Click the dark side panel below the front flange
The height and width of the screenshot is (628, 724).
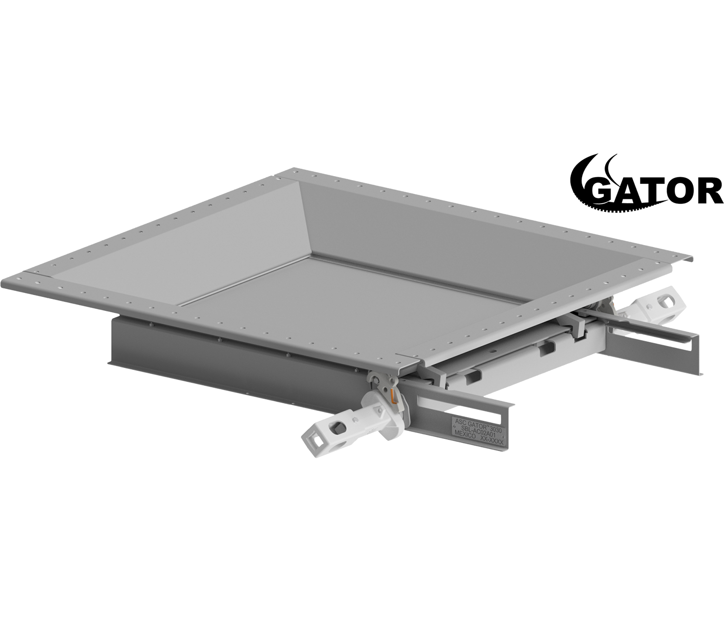[232, 352]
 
